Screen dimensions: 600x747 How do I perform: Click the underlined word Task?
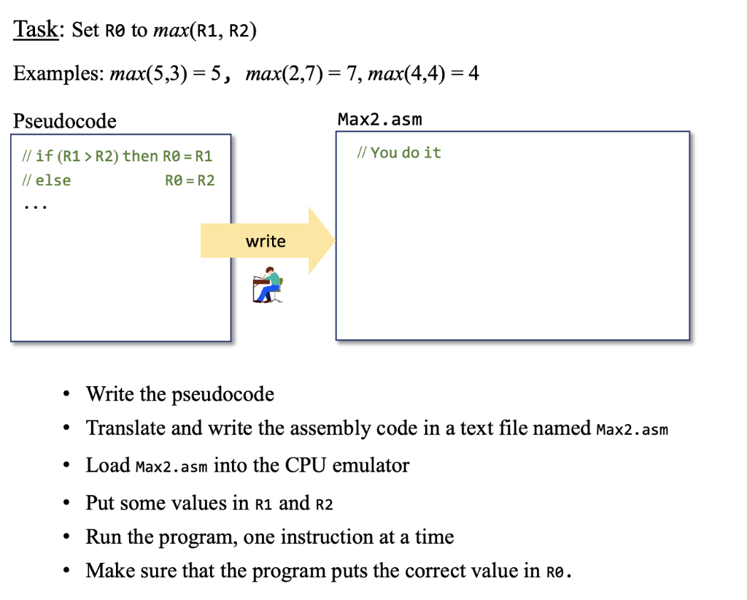click(x=36, y=30)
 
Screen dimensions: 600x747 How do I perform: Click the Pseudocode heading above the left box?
click(x=64, y=120)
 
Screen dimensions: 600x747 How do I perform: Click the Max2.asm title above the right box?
click(x=379, y=119)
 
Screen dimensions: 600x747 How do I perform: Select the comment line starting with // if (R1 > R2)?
click(x=117, y=156)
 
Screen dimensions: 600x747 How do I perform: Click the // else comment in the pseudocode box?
click(x=47, y=180)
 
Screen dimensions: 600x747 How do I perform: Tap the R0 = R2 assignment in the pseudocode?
click(x=190, y=180)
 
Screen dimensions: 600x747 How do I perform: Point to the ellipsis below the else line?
click(x=34, y=207)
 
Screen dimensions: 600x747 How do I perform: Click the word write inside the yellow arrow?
click(x=266, y=242)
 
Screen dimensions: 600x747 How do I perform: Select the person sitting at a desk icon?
click(x=267, y=285)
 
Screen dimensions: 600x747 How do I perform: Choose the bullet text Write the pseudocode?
click(x=179, y=394)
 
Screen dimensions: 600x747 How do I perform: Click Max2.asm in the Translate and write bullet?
click(x=632, y=429)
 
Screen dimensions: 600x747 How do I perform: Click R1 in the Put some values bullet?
click(x=263, y=504)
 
